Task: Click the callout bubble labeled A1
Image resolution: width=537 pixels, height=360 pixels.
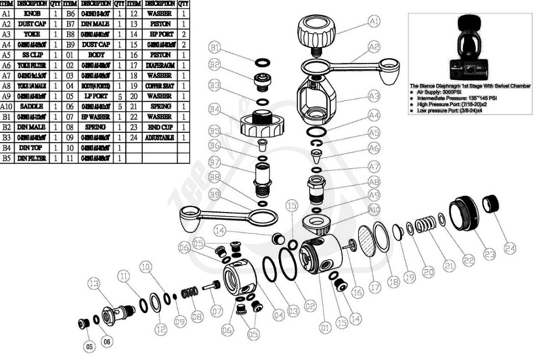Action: tap(375, 22)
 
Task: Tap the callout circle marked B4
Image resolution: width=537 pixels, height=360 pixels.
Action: tap(215, 108)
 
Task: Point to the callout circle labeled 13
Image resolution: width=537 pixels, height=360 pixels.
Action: tap(94, 284)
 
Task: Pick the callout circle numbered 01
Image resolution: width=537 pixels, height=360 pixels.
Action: tap(325, 328)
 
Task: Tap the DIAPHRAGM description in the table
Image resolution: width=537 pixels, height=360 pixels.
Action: tap(160, 65)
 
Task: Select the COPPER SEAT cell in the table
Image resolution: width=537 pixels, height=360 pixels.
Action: tap(160, 86)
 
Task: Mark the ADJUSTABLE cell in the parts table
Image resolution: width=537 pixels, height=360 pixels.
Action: tap(160, 138)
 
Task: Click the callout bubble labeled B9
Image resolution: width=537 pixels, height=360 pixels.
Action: tap(215, 193)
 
